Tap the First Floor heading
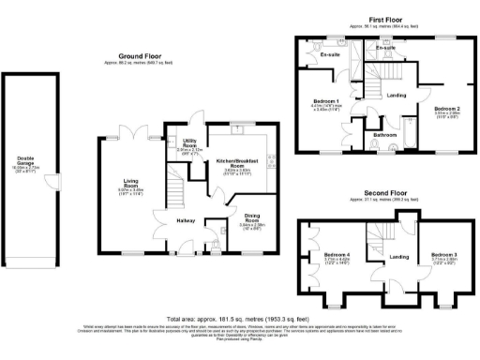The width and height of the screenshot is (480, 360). tap(385, 19)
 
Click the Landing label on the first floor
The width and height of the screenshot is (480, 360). tap(397, 95)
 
